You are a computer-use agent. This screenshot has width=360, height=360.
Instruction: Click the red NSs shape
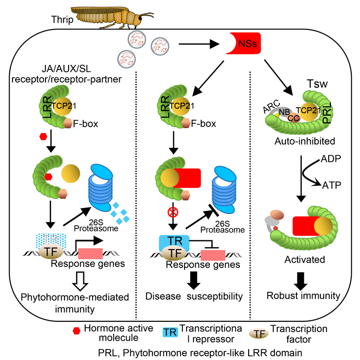coord(244,45)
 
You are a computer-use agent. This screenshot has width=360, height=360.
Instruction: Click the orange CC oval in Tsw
coord(292,117)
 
